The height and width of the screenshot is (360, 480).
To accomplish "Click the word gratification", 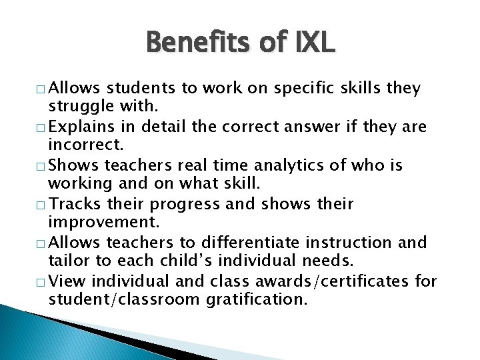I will click(x=257, y=299).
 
